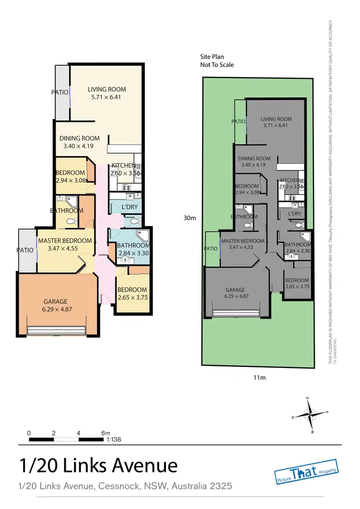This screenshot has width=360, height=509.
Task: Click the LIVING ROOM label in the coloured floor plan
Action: coord(107,89)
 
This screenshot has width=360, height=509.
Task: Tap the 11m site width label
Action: coord(259,378)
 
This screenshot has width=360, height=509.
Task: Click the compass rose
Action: coord(310,414)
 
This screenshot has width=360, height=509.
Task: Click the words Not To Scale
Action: coord(217,65)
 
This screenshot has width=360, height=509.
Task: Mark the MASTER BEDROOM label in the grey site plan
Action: coord(243,241)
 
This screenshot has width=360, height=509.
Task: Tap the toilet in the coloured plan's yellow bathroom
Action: coord(71,222)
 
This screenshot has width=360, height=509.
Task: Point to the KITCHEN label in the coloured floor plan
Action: coord(124,166)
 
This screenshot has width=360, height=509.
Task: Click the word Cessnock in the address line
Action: coord(118,486)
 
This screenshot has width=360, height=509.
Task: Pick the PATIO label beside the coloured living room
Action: coord(60,92)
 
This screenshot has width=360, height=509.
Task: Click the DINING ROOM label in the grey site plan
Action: coord(254,159)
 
